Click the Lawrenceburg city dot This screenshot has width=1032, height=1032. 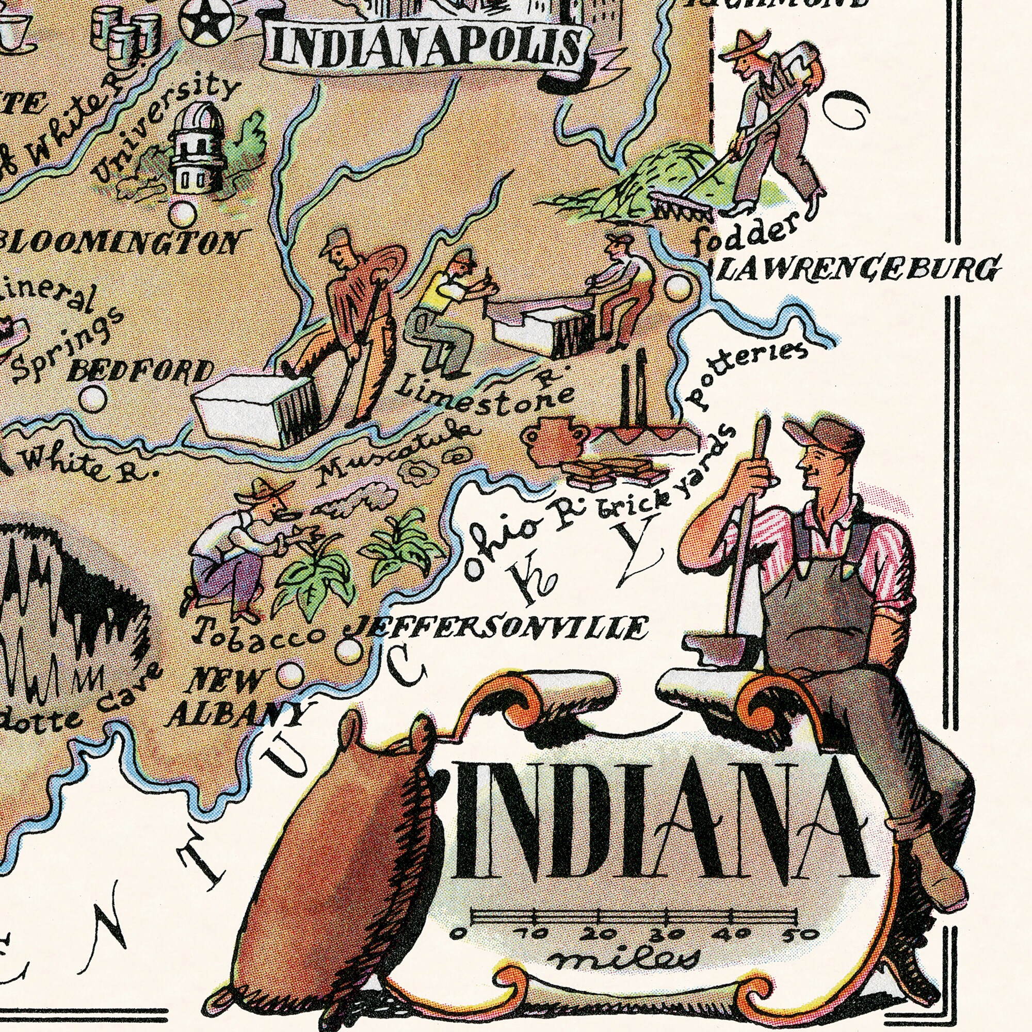679,288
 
